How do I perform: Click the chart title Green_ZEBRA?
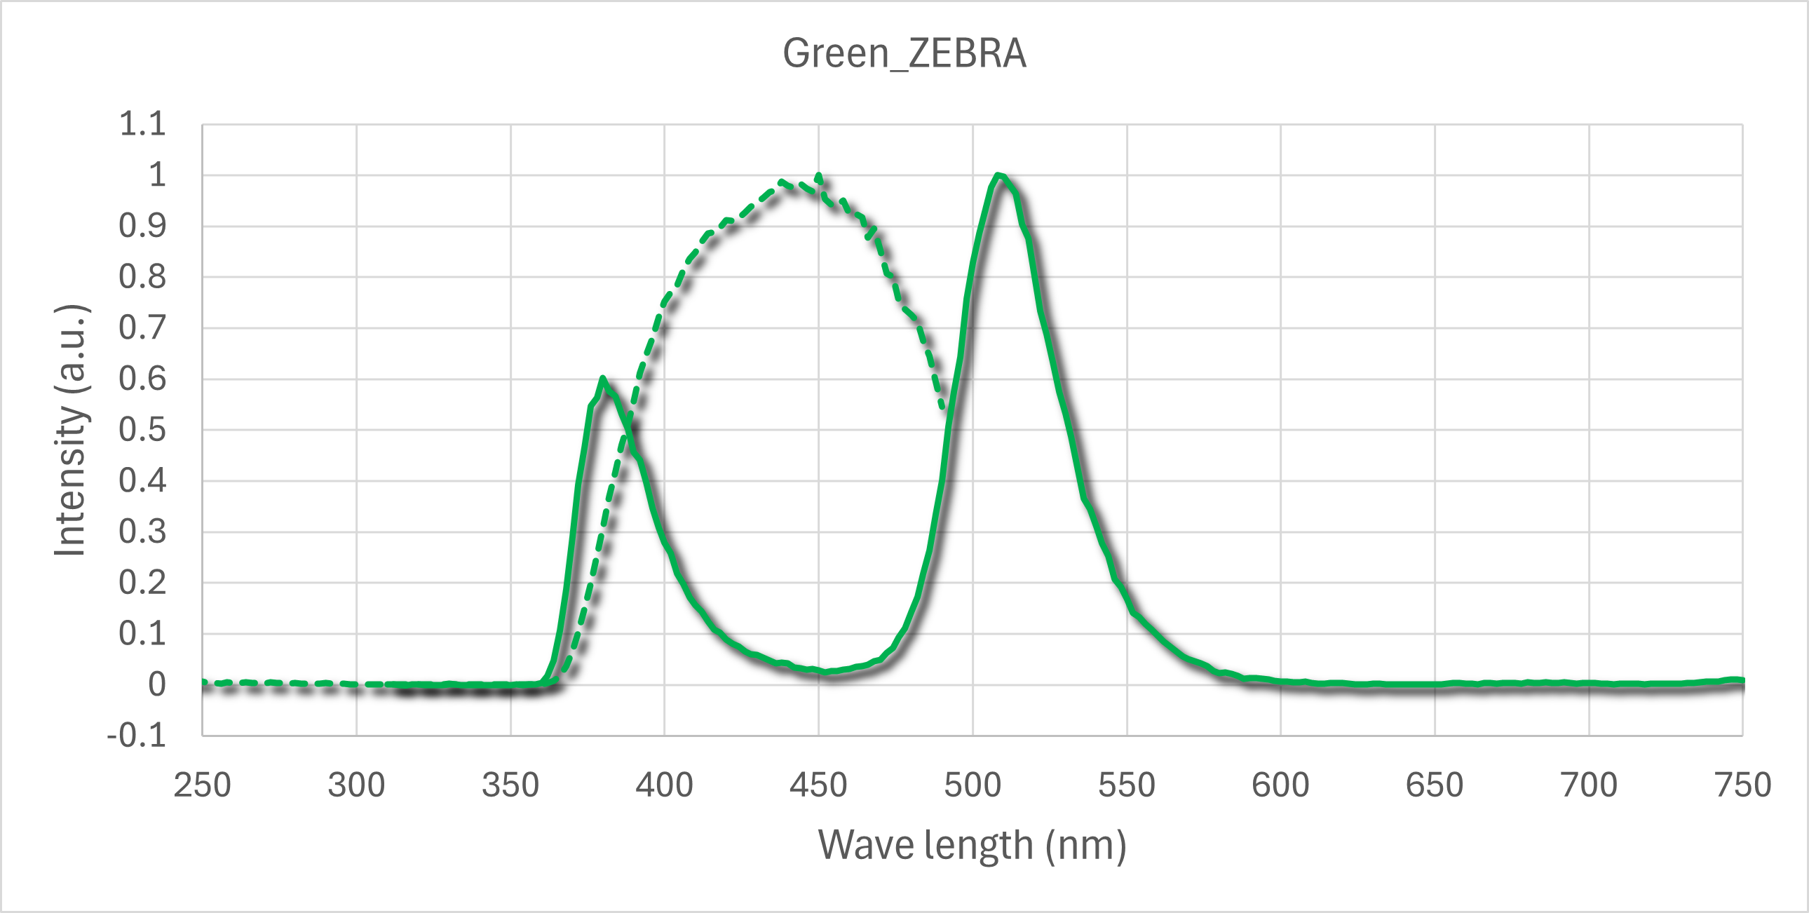tap(904, 53)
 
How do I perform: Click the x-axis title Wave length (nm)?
tap(972, 845)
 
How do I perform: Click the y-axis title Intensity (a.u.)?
tap(70, 431)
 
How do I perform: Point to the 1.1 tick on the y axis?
tap(142, 124)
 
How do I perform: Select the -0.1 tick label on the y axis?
tap(137, 736)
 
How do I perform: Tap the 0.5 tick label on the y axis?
tap(142, 430)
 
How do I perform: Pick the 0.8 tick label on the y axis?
tap(142, 278)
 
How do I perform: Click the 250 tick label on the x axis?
tap(202, 785)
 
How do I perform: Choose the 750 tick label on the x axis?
tap(1743, 785)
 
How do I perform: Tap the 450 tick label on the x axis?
tap(818, 785)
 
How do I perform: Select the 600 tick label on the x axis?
tap(1280, 785)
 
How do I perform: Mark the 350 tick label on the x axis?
tap(510, 785)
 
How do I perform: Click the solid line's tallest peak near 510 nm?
tap(998, 175)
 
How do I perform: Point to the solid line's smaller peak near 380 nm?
tap(602, 379)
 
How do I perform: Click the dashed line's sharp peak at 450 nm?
tap(819, 175)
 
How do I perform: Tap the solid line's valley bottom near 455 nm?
tap(829, 671)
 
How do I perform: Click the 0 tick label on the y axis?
tap(156, 684)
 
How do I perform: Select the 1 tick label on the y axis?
tap(156, 175)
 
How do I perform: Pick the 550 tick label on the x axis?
tap(1126, 785)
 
